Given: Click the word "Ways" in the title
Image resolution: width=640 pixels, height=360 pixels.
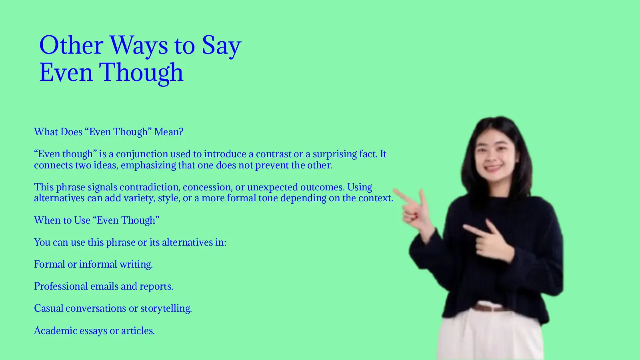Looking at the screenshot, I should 138,45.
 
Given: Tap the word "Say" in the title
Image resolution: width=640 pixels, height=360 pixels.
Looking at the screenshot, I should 221,45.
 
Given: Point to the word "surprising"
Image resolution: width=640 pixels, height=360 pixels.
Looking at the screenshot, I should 334,154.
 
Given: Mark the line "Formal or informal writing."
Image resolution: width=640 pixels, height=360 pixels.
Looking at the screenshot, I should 93,264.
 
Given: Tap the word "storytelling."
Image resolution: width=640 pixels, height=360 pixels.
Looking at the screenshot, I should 166,308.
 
